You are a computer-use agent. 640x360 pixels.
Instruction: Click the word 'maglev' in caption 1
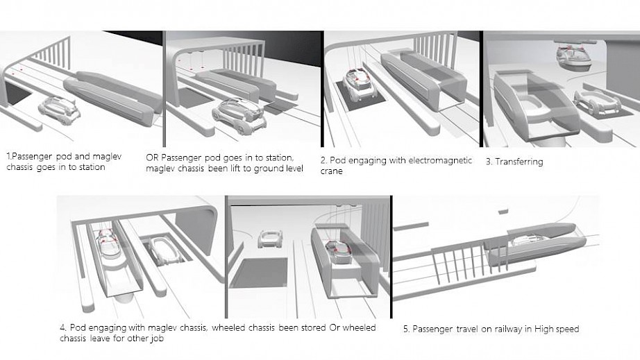tap(107, 157)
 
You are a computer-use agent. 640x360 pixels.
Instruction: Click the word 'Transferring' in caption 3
tap(519, 162)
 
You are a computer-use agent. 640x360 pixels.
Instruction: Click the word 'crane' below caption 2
tap(331, 171)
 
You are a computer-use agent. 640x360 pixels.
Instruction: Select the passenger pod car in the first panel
tap(60, 110)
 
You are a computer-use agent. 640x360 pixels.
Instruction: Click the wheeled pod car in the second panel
tap(239, 115)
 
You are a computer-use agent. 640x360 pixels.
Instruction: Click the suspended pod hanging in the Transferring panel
tap(574, 58)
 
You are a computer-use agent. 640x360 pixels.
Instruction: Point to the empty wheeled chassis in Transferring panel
tap(598, 103)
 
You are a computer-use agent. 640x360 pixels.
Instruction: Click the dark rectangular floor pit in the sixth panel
tap(258, 273)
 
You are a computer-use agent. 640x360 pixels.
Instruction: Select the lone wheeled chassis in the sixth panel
tap(270, 239)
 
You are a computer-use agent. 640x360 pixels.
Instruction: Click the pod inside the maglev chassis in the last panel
tap(530, 241)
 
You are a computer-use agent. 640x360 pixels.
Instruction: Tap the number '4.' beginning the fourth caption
tap(63, 328)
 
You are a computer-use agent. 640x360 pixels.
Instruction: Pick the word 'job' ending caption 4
tap(157, 338)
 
